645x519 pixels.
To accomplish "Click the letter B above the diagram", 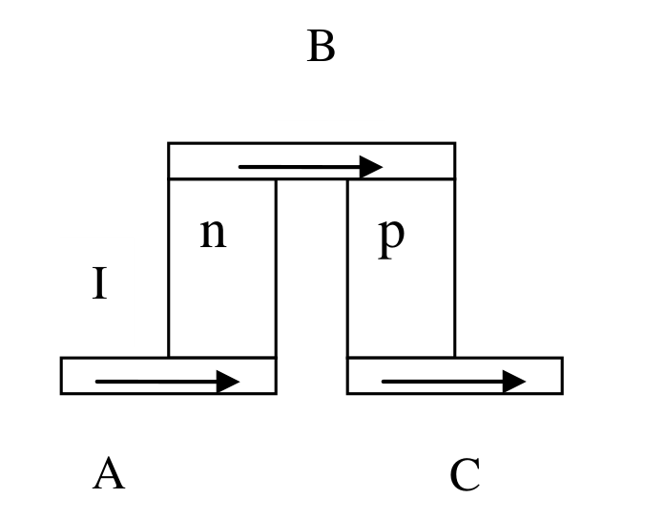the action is [321, 46].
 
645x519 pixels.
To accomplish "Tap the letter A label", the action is [109, 473].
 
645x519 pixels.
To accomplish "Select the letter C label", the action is [465, 474].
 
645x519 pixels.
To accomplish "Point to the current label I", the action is [99, 282].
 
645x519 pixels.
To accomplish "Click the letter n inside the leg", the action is [213, 233].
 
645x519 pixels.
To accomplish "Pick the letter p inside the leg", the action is [391, 238].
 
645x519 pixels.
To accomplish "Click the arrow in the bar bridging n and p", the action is [311, 167].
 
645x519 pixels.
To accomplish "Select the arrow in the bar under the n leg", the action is [167, 382].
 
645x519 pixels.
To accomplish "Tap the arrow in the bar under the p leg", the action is [454, 382].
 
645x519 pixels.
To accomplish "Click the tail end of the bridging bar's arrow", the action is [239, 167].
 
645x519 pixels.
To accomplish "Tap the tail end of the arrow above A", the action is [96, 382].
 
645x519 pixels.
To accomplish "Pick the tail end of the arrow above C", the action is [383, 382].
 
